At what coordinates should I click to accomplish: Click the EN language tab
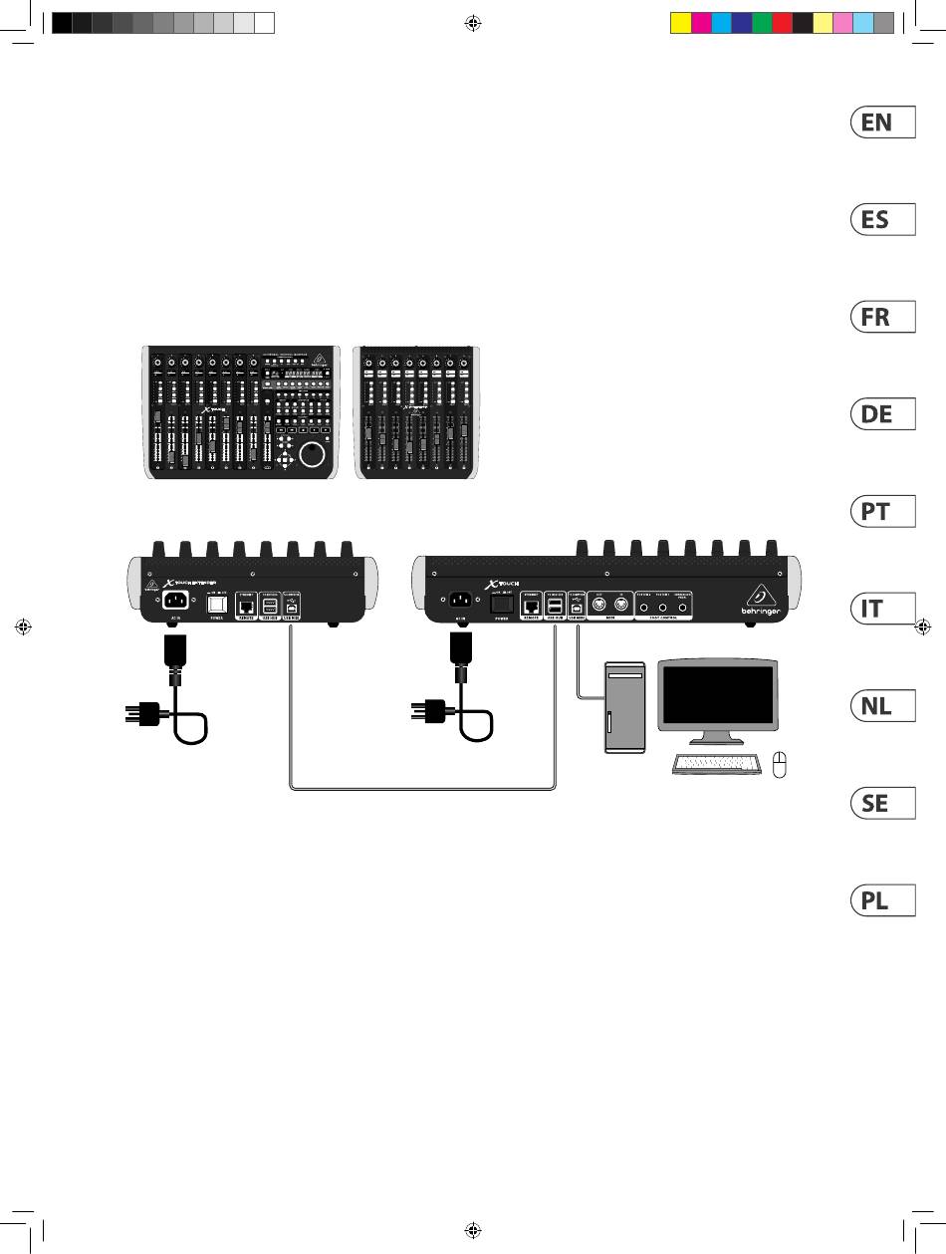pyautogui.click(x=881, y=123)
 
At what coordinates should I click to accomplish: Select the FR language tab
pyautogui.click(x=881, y=318)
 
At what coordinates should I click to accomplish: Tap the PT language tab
pyautogui.click(x=881, y=512)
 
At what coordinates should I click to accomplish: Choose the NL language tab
pyautogui.click(x=881, y=707)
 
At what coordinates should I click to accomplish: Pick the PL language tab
pyautogui.click(x=881, y=901)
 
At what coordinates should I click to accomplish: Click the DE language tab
pyautogui.click(x=881, y=414)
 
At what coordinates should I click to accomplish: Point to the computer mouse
pyautogui.click(x=781, y=764)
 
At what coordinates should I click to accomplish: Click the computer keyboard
pyautogui.click(x=714, y=766)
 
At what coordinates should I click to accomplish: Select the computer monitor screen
pyautogui.click(x=716, y=693)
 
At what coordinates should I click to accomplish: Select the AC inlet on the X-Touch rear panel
pyautogui.click(x=460, y=603)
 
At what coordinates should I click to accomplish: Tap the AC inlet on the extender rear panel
pyautogui.click(x=176, y=604)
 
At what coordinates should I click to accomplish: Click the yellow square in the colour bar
pyautogui.click(x=681, y=22)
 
